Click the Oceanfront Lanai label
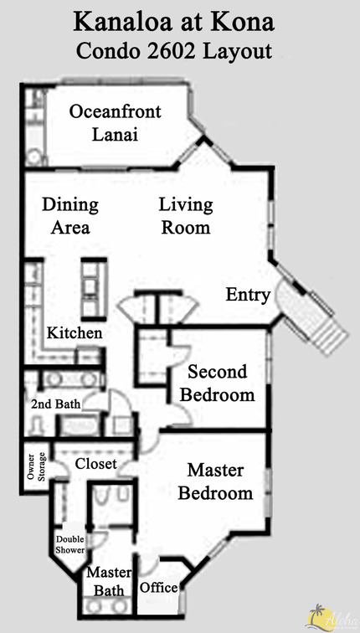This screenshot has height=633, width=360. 116,122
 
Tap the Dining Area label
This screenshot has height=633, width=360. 70,215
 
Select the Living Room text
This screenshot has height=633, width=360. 186,215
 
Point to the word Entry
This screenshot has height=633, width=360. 248,295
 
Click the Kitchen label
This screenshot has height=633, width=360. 75,333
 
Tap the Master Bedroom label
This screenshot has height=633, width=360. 219,481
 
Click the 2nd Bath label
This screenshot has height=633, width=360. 55,404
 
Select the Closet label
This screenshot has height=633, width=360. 96,463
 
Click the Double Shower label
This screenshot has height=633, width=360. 70,545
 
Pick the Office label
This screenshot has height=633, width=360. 159,588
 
